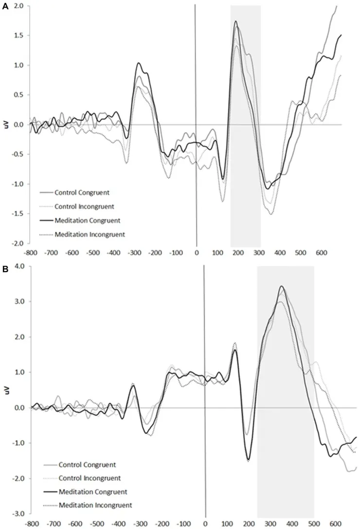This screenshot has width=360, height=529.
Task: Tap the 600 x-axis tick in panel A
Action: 321,253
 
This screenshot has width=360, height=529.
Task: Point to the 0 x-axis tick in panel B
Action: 205,524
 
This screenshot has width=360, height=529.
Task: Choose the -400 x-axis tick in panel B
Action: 118,524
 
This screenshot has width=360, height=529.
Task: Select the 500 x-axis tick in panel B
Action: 314,524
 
